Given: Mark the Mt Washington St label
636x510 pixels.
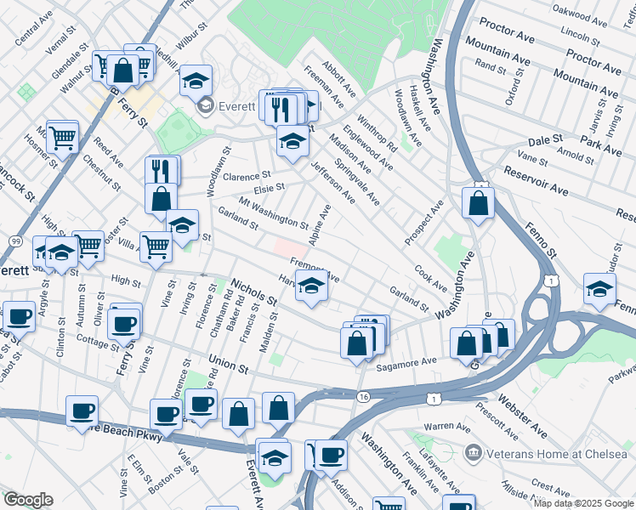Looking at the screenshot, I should click(273, 214).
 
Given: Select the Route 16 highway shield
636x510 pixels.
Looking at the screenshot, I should click(364, 396).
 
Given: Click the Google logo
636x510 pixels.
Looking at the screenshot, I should click(27, 500).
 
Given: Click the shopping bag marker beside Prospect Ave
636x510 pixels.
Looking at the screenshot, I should click(479, 203).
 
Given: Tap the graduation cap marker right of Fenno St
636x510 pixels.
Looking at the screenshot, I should click(599, 289).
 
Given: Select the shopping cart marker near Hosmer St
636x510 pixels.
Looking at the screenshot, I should click(62, 136).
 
